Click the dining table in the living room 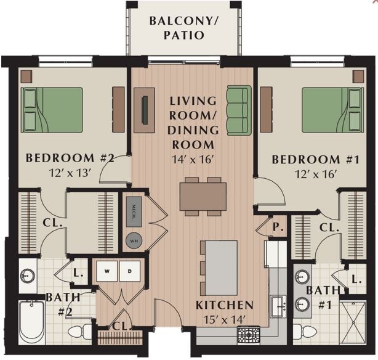point(203,197)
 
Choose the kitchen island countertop point(220,268)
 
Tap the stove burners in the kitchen point(249,334)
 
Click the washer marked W point(107,271)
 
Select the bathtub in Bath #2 point(31,322)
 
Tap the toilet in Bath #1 point(304,332)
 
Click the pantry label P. point(278,227)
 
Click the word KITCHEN point(224,305)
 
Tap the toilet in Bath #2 point(78,332)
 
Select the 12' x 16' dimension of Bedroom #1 point(315,174)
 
